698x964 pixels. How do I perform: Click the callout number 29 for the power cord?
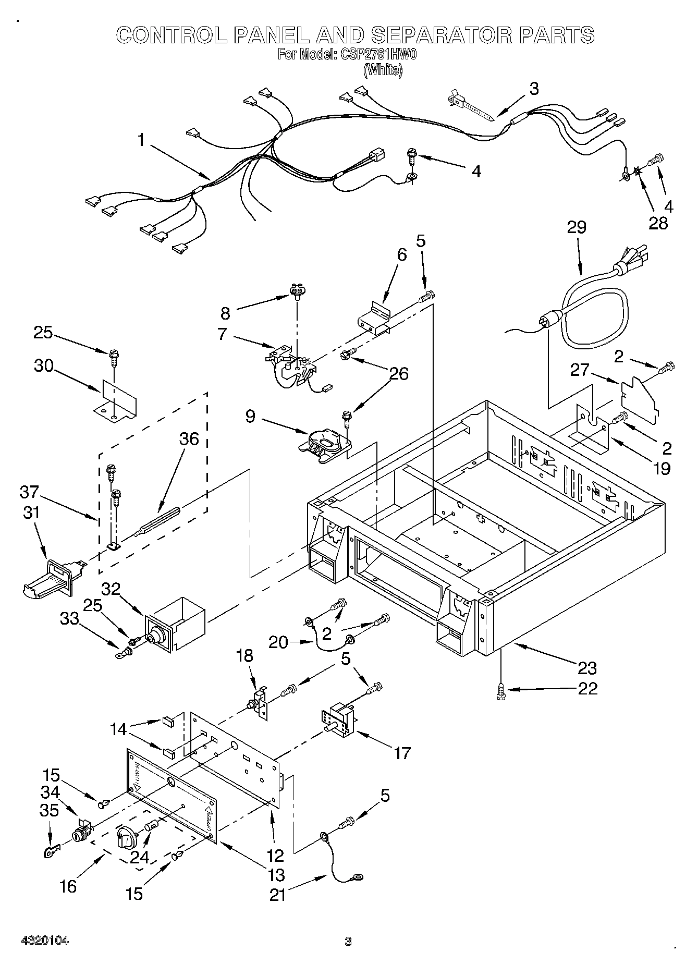(577, 227)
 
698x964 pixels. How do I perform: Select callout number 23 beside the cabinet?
(586, 668)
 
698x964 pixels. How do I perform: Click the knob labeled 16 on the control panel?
(127, 837)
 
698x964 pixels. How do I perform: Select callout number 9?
(250, 417)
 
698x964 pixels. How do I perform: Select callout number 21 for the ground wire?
(279, 895)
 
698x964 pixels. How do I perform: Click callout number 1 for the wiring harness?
(141, 140)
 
